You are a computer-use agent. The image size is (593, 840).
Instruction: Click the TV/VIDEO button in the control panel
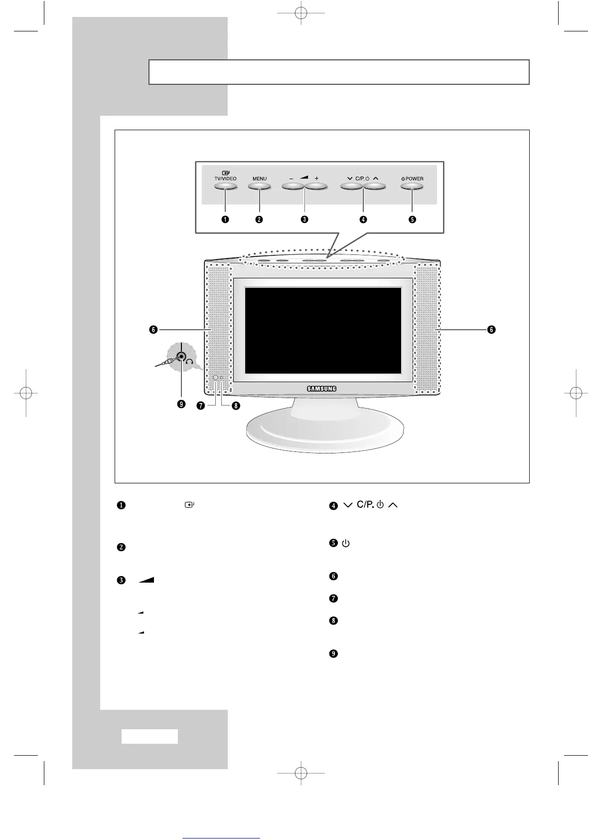tap(225, 187)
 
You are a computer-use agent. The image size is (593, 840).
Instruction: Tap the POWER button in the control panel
tap(412, 187)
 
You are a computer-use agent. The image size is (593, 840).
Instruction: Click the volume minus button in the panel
tap(293, 187)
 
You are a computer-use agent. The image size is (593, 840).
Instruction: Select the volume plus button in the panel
tap(316, 187)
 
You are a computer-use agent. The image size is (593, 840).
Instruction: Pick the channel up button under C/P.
tap(375, 187)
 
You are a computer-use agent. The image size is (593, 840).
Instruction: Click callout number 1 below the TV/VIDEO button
tap(225, 219)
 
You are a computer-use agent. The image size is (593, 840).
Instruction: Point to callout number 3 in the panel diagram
tap(304, 219)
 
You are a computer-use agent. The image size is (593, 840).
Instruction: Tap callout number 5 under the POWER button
tap(412, 219)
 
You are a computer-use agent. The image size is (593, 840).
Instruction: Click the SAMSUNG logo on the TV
tap(321, 389)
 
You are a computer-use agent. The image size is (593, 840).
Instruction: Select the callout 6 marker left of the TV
tap(153, 330)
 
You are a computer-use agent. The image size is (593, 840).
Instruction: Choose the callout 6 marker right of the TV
tap(491, 330)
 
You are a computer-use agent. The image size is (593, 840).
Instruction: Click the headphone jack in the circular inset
tap(181, 357)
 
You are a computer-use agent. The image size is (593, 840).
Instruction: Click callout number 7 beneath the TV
tap(200, 406)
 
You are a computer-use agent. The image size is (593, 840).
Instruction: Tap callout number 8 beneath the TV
tap(235, 406)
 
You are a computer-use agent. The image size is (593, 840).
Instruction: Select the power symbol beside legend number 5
tap(346, 543)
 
